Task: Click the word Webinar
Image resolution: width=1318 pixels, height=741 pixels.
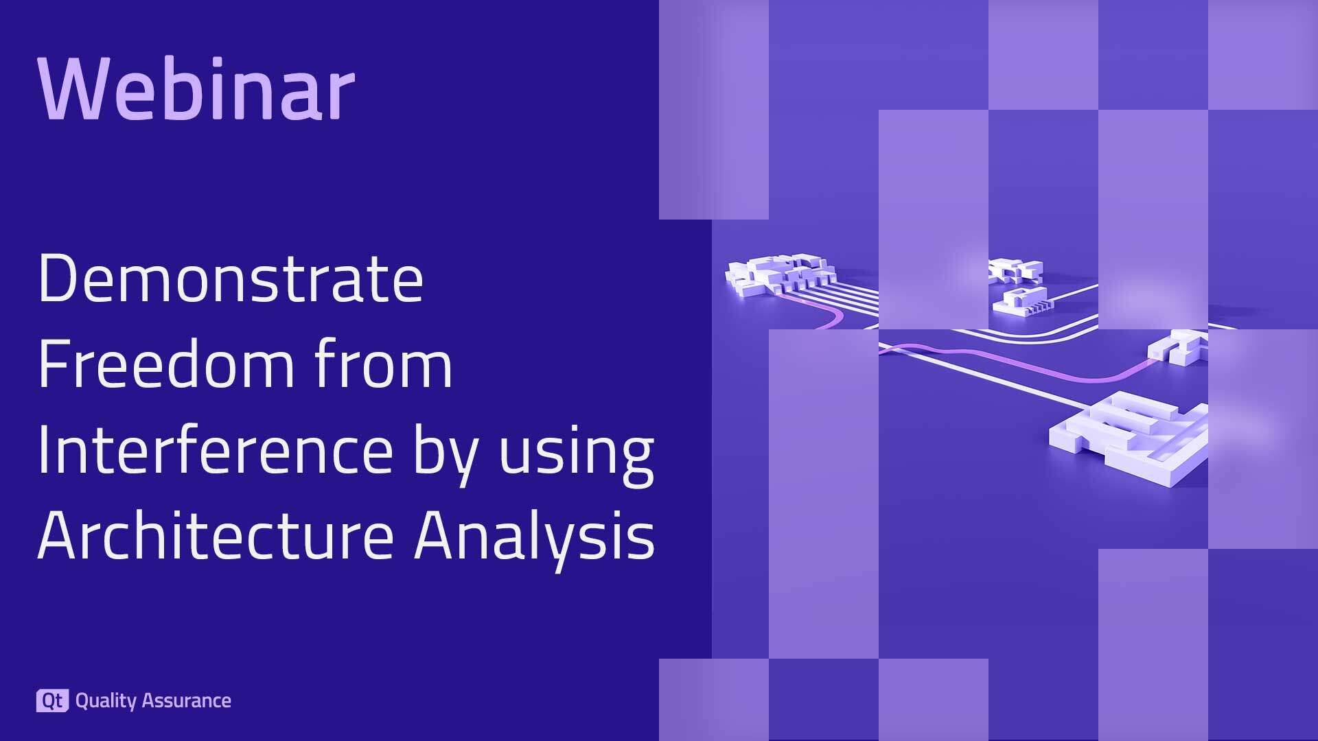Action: tap(197, 89)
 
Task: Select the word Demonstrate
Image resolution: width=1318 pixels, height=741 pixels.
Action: tap(231, 279)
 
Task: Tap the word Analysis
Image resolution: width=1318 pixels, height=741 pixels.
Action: tap(535, 537)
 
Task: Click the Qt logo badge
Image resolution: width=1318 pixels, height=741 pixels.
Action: tap(52, 701)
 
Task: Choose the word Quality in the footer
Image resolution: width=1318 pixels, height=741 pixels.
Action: tap(106, 701)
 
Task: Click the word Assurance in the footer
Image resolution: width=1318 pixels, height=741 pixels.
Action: tap(187, 701)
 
